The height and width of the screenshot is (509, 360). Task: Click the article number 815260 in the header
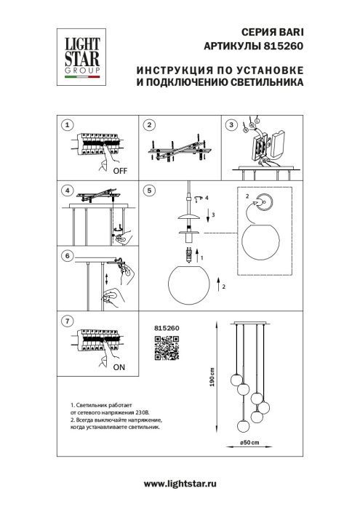(282, 45)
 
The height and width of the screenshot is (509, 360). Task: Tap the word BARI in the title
(291, 32)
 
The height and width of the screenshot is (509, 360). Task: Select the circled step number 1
(68, 125)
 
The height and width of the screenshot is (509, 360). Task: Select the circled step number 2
(149, 125)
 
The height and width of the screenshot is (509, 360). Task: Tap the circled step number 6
(68, 256)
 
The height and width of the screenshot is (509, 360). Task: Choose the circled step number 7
(68, 320)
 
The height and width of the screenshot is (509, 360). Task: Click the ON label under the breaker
(120, 368)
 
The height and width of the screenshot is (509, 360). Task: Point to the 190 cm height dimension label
(212, 377)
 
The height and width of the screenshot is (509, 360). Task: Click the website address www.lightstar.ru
(180, 484)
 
